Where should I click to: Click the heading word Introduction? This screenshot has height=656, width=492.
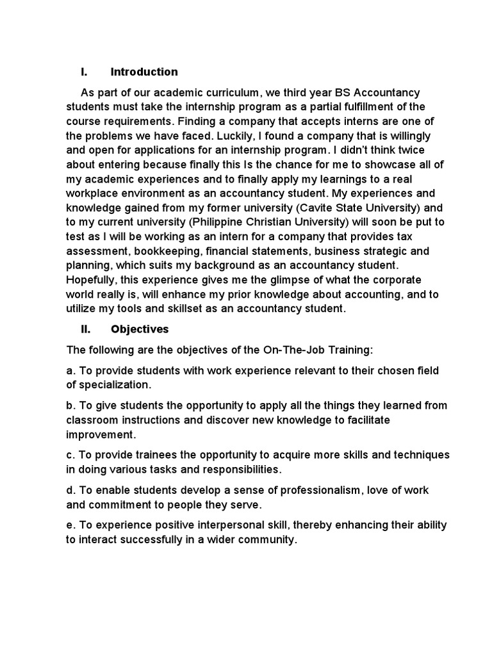coord(144,72)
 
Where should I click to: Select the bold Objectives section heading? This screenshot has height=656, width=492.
coord(140,329)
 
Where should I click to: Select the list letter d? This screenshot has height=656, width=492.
coord(69,490)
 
